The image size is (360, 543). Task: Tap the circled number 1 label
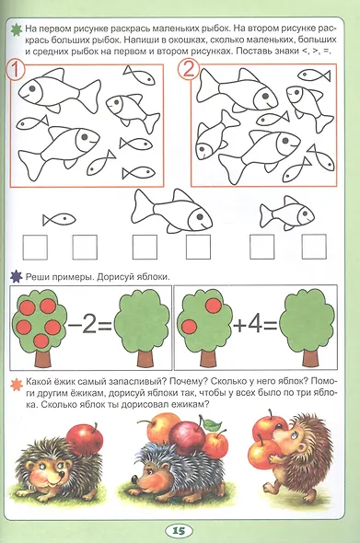[16, 70]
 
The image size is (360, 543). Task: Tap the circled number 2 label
[189, 69]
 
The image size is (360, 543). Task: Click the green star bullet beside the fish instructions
[16, 29]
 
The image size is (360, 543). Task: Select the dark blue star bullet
[17, 277]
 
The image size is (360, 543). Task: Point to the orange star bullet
[17, 385]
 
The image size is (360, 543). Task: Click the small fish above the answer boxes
[59, 219]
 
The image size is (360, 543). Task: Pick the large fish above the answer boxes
[171, 212]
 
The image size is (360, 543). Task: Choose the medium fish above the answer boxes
[287, 214]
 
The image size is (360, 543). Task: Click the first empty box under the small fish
[35, 247]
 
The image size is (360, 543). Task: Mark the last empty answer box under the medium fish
[314, 247]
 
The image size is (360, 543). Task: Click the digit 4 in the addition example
[255, 325]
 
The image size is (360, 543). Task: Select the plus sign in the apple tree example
[239, 326]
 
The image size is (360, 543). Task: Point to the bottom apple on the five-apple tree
[41, 341]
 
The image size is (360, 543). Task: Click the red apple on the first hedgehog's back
[85, 439]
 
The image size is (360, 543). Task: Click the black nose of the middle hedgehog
[134, 479]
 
